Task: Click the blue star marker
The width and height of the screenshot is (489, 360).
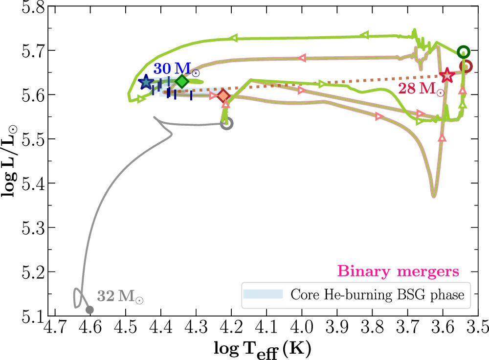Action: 145,83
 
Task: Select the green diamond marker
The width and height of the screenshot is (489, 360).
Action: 182,81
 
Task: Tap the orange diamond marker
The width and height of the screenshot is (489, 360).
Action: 223,95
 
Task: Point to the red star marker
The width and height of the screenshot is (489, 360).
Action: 446,75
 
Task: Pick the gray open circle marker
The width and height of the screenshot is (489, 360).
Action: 226,123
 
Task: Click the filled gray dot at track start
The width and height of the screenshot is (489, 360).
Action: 89,309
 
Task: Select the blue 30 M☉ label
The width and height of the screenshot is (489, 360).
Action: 176,69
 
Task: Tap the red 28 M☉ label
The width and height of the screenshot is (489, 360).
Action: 421,89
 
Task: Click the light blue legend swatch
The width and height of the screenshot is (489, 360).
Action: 263,294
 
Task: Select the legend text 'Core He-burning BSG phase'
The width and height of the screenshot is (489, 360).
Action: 377,294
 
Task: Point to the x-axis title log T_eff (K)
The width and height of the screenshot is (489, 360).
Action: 263,348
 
